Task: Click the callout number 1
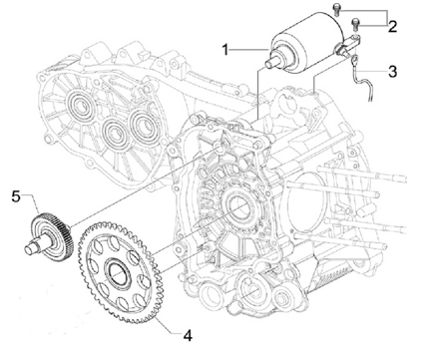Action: tap(225, 50)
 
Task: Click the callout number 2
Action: tap(392, 26)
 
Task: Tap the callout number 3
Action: tap(393, 71)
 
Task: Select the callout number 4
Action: tap(188, 336)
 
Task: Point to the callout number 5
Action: tap(16, 196)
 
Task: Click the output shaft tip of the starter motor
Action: tap(268, 63)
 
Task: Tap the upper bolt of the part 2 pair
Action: tap(337, 9)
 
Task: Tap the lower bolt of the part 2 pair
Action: tap(356, 23)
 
